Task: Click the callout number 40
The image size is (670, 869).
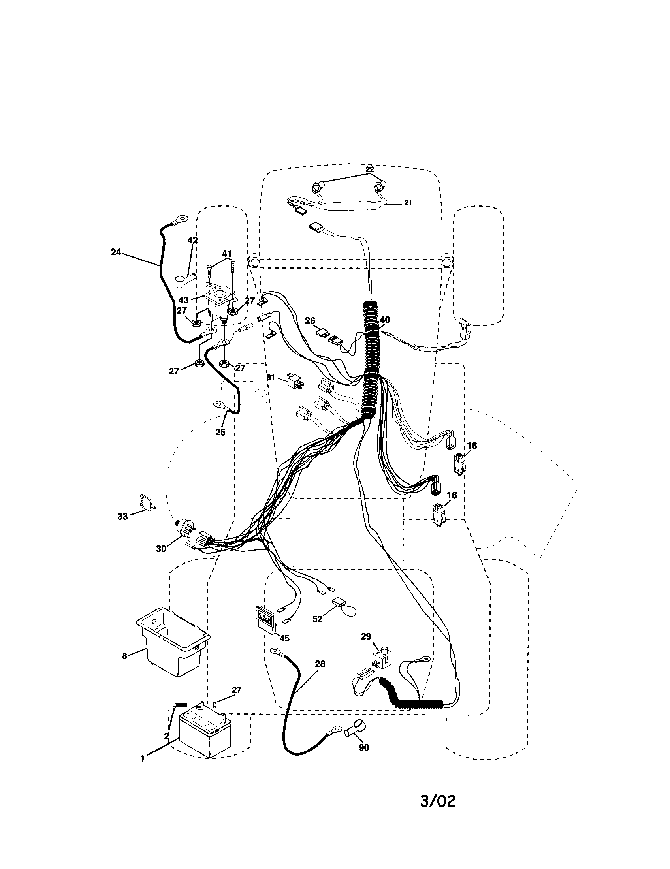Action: (385, 320)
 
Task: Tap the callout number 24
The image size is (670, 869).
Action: (116, 252)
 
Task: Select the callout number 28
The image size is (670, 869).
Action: (320, 664)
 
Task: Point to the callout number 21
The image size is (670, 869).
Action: (408, 203)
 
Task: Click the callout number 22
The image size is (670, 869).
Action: (370, 169)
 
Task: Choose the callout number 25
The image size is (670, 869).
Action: (220, 432)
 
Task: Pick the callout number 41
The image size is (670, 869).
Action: (227, 254)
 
